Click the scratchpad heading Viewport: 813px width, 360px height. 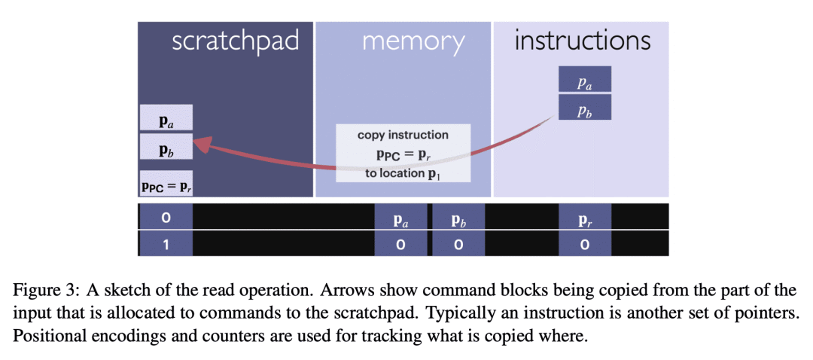point(235,41)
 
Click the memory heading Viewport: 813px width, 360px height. point(413,41)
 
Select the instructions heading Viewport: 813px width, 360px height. point(582,41)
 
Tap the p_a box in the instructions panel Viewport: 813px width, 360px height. point(585,80)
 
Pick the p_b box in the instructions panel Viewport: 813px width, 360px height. point(585,107)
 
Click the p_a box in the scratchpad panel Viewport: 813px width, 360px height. point(166,118)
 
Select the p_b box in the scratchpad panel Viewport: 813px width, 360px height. point(166,146)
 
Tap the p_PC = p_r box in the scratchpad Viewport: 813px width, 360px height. point(166,183)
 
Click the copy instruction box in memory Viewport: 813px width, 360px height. point(403,153)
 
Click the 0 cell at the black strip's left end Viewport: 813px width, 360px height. point(166,217)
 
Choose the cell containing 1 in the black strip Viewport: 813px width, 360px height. point(166,244)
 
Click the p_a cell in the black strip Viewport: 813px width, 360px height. point(401,217)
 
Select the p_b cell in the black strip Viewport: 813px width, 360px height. point(457,217)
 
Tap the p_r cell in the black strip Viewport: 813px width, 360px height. point(585,217)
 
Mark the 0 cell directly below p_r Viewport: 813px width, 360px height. point(585,244)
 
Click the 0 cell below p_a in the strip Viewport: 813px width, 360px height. point(401,244)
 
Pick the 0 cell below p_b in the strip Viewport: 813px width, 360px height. point(457,244)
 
